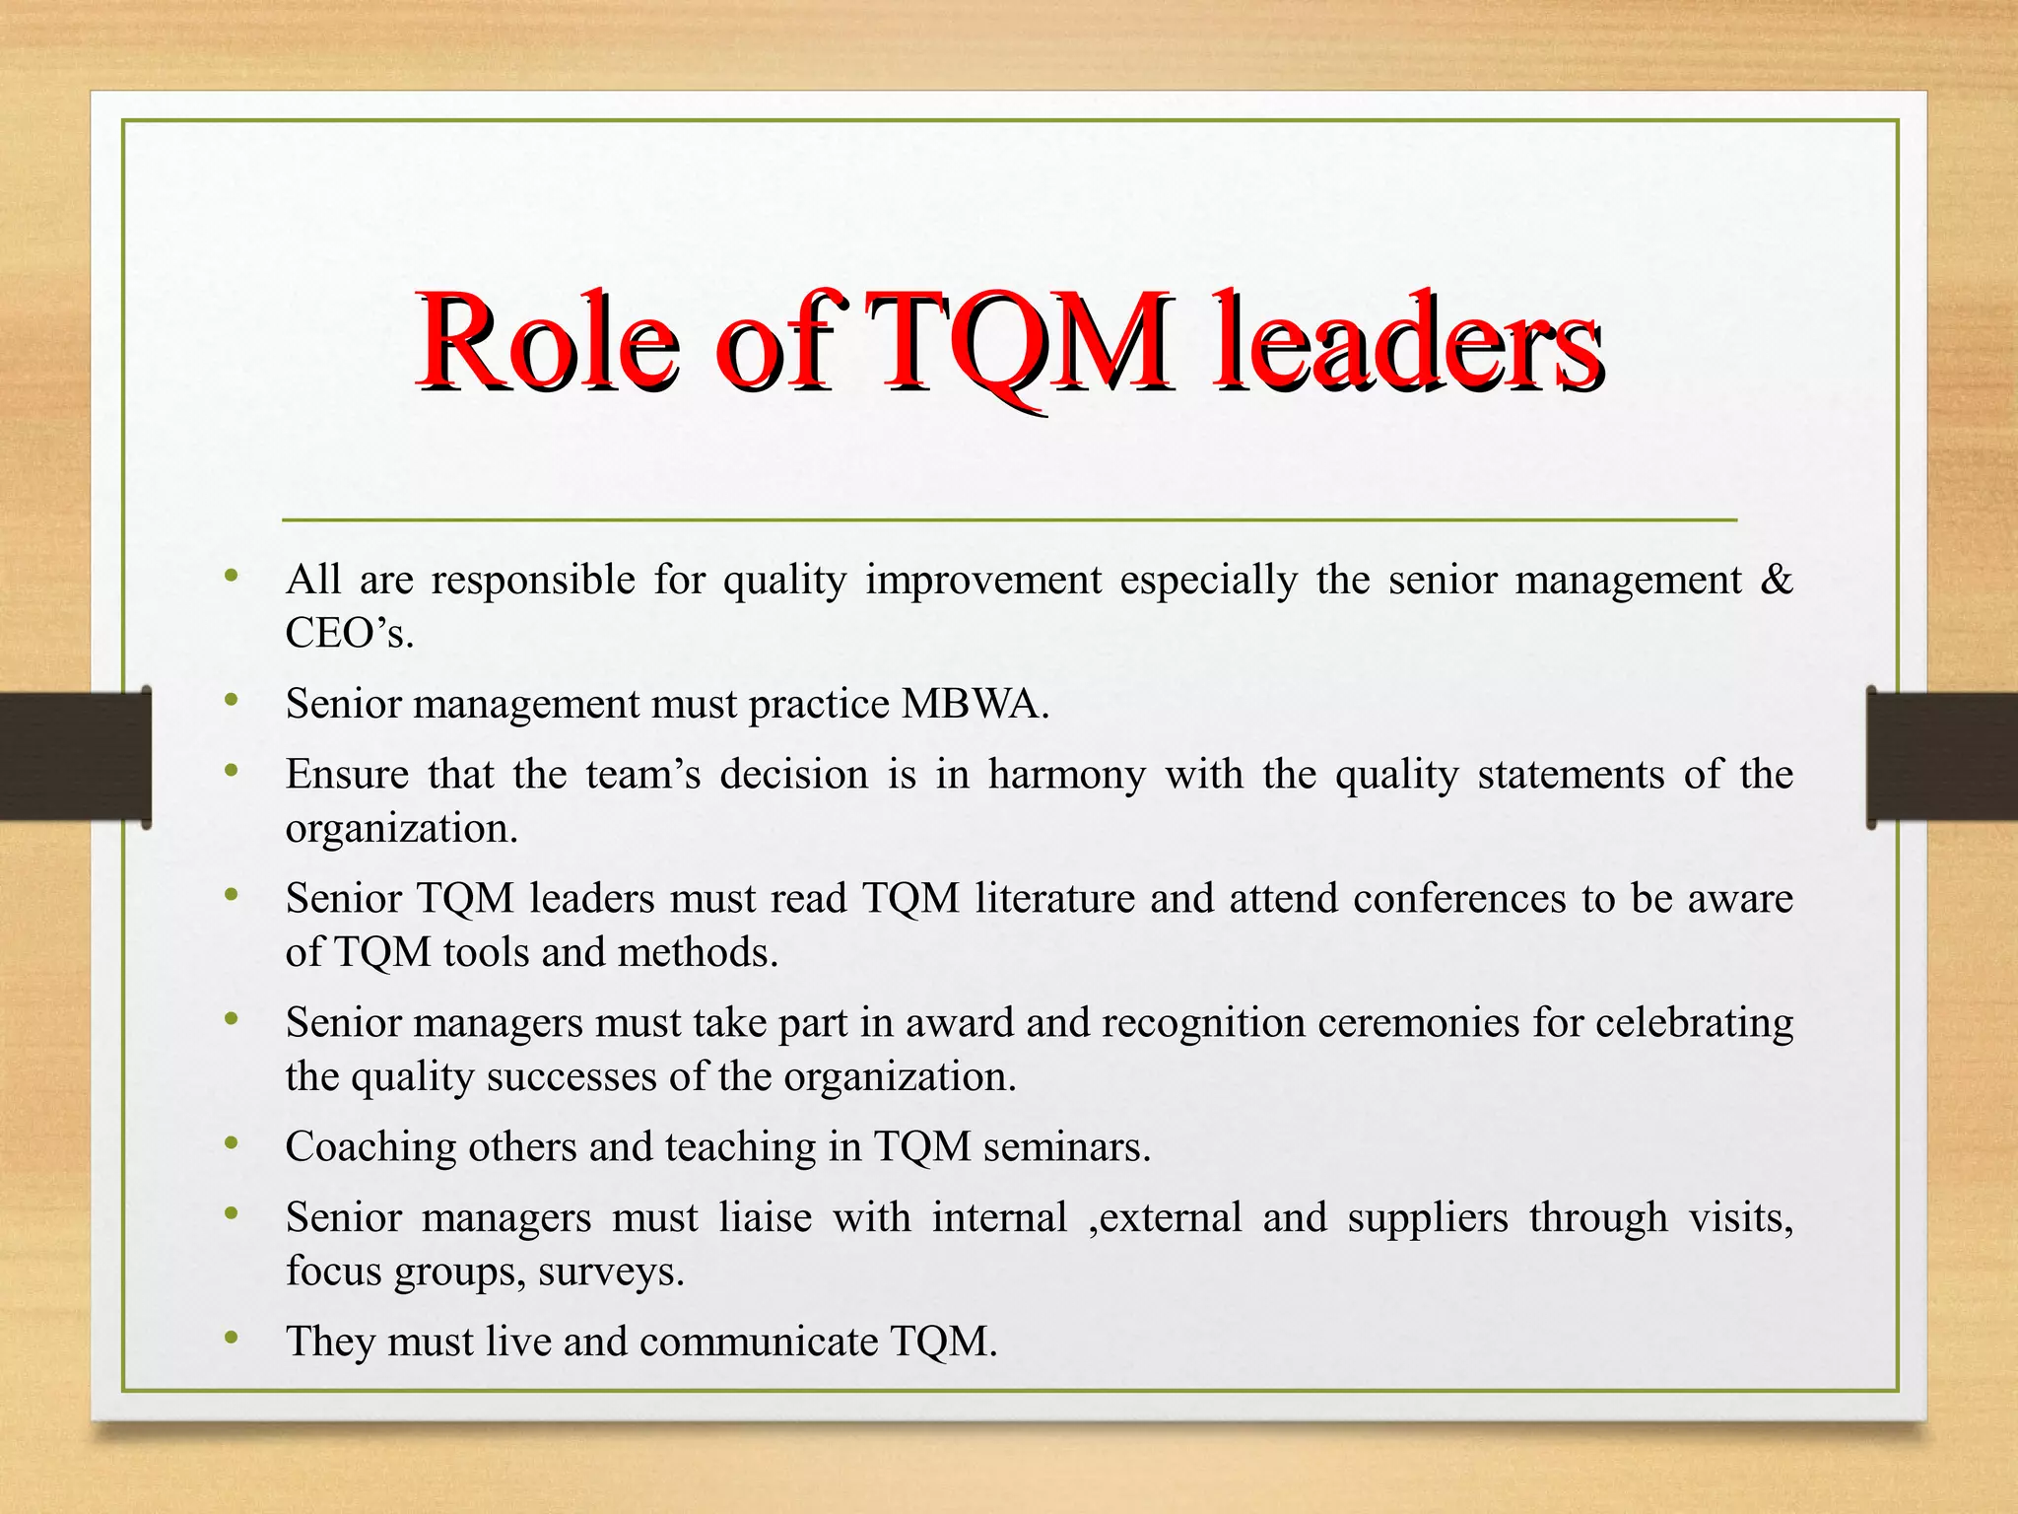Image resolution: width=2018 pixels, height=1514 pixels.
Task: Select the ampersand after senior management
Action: tap(1776, 580)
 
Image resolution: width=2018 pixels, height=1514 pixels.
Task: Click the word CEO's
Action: tap(349, 633)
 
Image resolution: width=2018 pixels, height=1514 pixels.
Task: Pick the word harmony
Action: tap(1067, 775)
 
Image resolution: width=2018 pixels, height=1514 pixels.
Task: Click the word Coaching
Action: tap(370, 1147)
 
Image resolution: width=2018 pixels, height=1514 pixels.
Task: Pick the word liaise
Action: tap(765, 1218)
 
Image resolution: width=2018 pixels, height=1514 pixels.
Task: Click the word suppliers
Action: tap(1428, 1218)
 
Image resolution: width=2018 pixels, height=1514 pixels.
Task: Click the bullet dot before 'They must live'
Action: tap(232, 1338)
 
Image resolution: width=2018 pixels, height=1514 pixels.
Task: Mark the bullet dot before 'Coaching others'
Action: tap(232, 1142)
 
